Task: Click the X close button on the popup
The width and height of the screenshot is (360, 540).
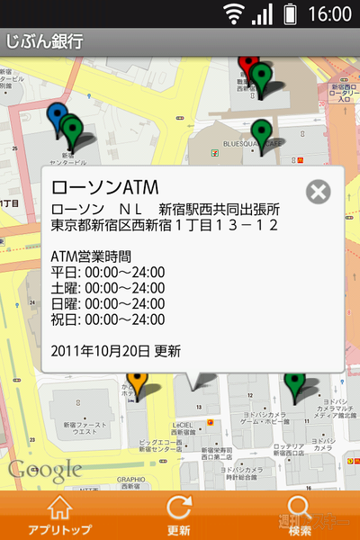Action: pos(318,192)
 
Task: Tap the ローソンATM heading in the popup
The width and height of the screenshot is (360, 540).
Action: pos(105,189)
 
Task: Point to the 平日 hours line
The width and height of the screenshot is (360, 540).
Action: pos(108,273)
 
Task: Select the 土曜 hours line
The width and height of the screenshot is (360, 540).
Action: pos(108,288)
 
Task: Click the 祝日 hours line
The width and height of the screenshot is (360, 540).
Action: pos(108,319)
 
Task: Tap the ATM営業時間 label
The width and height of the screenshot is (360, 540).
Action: pos(92,256)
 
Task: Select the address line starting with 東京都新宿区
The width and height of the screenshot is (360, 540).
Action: pos(165,224)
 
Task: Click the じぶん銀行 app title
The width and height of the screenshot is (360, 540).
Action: pos(45,41)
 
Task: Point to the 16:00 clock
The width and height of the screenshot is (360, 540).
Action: pos(329,13)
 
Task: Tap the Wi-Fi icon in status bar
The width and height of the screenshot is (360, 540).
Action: pos(235,13)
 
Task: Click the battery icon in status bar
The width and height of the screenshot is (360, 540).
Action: pos(290,13)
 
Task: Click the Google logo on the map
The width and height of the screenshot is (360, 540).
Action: pos(45,469)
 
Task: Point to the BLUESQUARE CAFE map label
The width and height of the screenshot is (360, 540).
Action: pos(254,142)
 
